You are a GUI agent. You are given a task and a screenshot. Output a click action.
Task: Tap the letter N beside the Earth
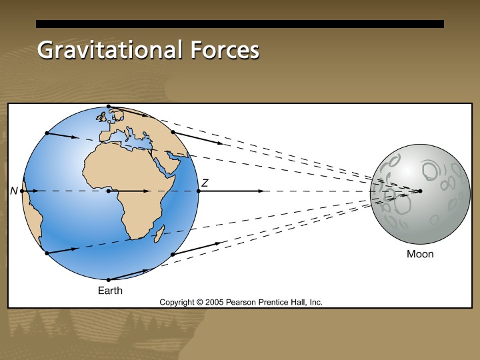(x=14, y=191)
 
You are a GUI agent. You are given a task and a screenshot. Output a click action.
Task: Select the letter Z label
(x=205, y=183)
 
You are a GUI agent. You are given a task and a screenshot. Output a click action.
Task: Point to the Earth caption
(x=110, y=291)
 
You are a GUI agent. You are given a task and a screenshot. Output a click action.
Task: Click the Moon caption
(x=420, y=254)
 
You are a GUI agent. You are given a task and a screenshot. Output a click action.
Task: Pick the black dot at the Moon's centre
(x=420, y=191)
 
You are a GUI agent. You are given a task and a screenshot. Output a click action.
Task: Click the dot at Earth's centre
(x=108, y=191)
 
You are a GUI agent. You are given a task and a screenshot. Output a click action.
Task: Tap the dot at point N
(x=22, y=191)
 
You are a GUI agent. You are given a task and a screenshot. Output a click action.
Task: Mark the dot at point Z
(x=199, y=191)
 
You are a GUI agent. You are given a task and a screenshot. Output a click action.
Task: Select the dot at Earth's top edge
(x=108, y=106)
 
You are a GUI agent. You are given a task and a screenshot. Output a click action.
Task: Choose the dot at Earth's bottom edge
(x=108, y=279)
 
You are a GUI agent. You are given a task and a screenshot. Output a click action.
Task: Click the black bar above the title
(x=239, y=24)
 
